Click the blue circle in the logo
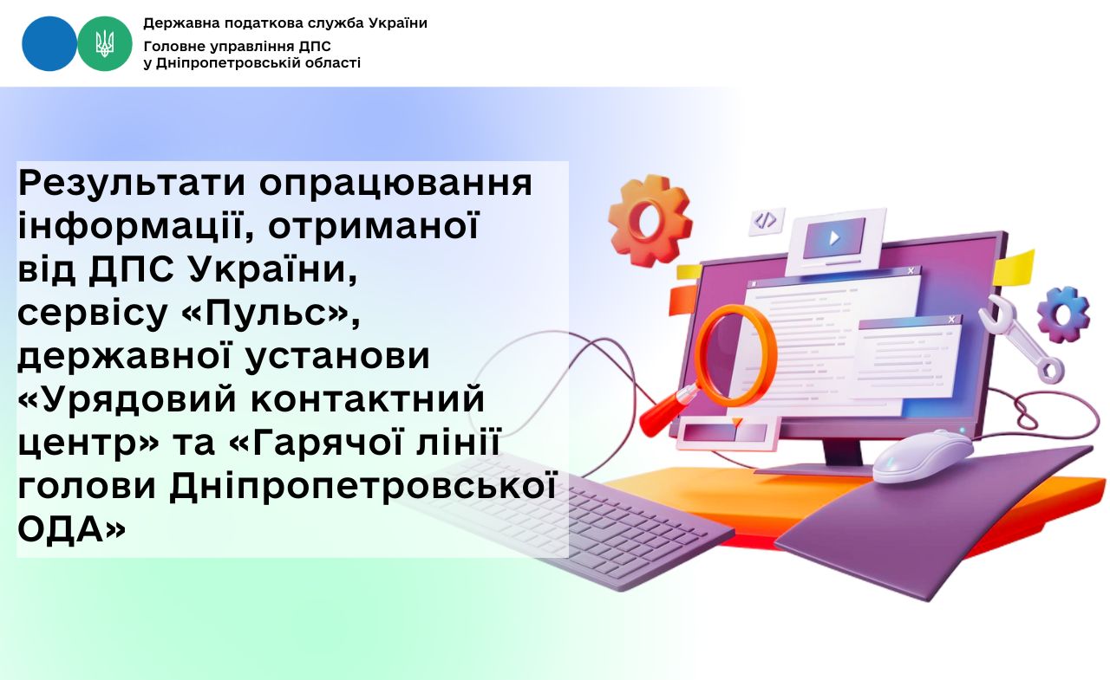pyautogui.click(x=49, y=43)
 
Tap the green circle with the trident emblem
pyautogui.click(x=105, y=43)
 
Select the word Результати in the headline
pyautogui.click(x=132, y=183)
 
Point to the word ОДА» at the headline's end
pyautogui.click(x=71, y=529)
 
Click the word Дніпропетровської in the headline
pyautogui.click(x=363, y=486)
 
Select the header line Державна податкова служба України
pyautogui.click(x=285, y=23)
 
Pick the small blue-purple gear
pyautogui.click(x=1063, y=314)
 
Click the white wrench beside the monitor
pyautogui.click(x=1021, y=339)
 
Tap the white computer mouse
pyautogui.click(x=922, y=456)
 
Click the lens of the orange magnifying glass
pyautogui.click(x=735, y=354)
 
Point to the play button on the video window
pyautogui.click(x=834, y=237)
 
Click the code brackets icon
pyautogui.click(x=766, y=221)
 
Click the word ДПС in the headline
pyautogui.click(x=131, y=269)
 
